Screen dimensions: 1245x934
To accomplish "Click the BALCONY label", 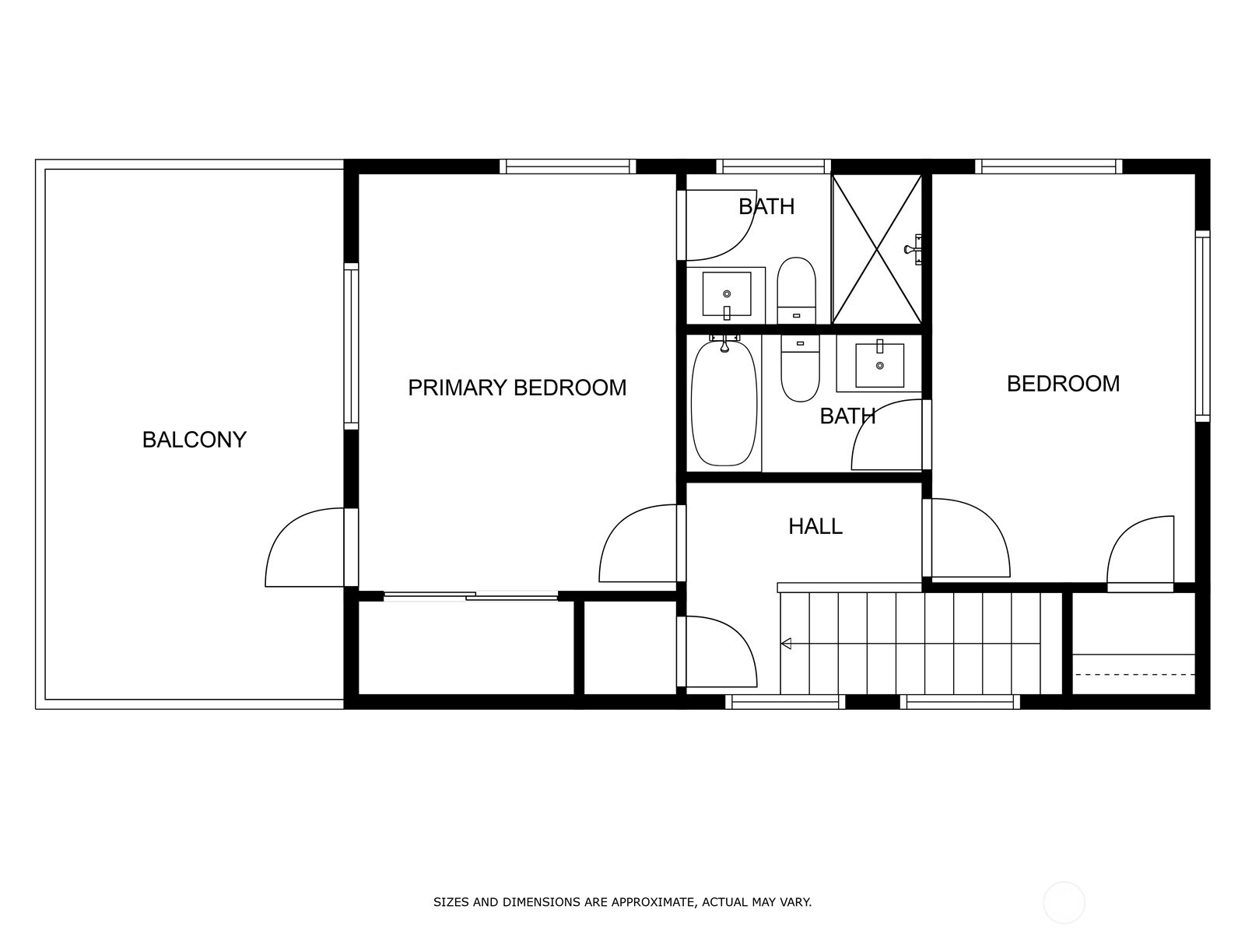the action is (x=194, y=440).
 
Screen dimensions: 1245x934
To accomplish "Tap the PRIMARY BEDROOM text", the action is (x=517, y=388).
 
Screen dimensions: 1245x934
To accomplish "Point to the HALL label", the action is (x=815, y=527).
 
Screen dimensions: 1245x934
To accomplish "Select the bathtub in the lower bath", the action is (x=724, y=403).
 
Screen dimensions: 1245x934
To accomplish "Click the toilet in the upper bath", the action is (x=796, y=290).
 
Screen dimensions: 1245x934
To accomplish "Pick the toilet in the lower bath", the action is (x=801, y=368).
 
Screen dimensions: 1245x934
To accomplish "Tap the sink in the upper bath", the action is (x=727, y=293).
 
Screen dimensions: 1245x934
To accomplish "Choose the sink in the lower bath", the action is (x=880, y=365).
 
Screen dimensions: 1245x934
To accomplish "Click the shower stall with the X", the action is (x=877, y=249).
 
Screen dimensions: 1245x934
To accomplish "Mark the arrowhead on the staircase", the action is (x=786, y=644).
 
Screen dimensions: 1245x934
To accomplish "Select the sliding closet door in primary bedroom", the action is (x=471, y=595).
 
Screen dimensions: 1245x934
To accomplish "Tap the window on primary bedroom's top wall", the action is (x=568, y=166).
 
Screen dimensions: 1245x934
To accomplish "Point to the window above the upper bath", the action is (x=773, y=166).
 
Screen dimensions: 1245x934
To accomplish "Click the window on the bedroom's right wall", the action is (x=1202, y=326).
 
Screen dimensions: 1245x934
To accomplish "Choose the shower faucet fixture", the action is (x=914, y=249).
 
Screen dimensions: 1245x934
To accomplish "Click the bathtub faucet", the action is (x=724, y=342).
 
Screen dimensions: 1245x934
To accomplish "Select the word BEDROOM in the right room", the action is (x=1063, y=384).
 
